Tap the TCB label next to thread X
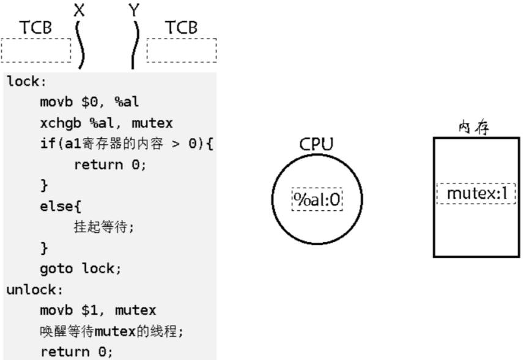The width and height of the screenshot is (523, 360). pyautogui.click(x=36, y=28)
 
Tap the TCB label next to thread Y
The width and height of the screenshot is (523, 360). pyautogui.click(x=182, y=28)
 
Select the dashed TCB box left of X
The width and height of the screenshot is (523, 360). pyautogui.click(x=36, y=50)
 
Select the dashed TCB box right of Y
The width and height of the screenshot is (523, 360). pyautogui.click(x=182, y=50)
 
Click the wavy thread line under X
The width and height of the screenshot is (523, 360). pyautogui.click(x=80, y=46)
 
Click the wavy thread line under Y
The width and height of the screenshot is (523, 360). pyautogui.click(x=134, y=46)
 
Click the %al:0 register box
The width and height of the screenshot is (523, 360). pyautogui.click(x=317, y=199)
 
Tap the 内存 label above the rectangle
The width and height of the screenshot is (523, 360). pyautogui.click(x=474, y=128)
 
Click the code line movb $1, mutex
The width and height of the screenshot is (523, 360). pyautogui.click(x=98, y=310)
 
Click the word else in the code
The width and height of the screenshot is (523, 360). pyautogui.click(x=54, y=206)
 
